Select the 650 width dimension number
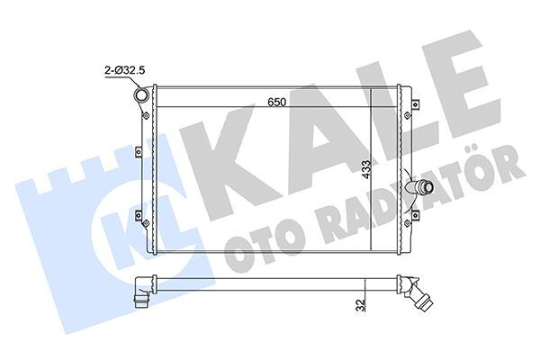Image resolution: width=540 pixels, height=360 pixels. click(x=276, y=103)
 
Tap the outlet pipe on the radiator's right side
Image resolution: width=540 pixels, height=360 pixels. click(x=420, y=189)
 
